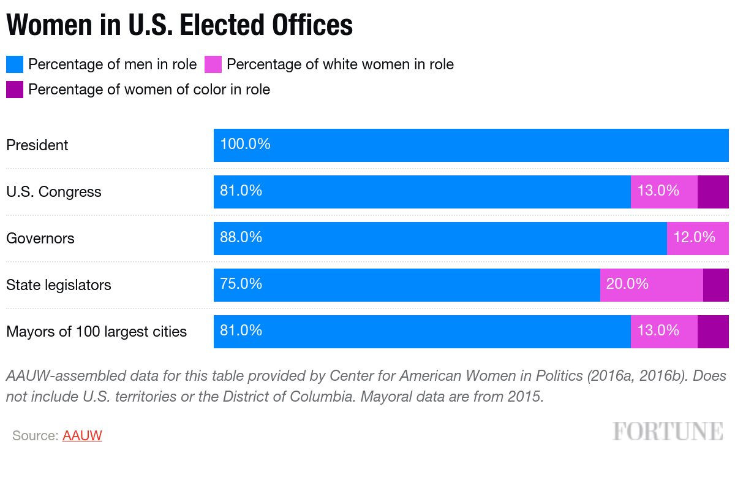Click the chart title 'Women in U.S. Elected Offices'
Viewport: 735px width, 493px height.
(179, 25)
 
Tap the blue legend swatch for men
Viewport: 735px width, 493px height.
(15, 64)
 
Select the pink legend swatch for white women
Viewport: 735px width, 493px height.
(213, 64)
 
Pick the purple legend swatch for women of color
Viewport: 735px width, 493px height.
(15, 90)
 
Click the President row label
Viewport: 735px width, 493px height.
(37, 145)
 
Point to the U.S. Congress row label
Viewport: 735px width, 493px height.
(54, 192)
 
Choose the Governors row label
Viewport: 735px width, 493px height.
(40, 239)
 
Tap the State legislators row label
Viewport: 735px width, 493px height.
(59, 285)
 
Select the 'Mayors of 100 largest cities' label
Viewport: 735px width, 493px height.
(97, 332)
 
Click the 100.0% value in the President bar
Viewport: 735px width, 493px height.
(245, 145)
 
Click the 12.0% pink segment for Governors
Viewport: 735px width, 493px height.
(698, 238)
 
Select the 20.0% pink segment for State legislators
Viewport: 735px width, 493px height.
(651, 285)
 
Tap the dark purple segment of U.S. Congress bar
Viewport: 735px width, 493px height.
(713, 192)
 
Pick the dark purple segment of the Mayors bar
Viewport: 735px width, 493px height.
(713, 332)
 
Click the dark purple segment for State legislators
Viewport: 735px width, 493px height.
(716, 285)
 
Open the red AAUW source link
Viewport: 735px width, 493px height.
(82, 436)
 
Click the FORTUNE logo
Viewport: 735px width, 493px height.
(667, 431)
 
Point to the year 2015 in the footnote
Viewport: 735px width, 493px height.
(526, 396)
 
